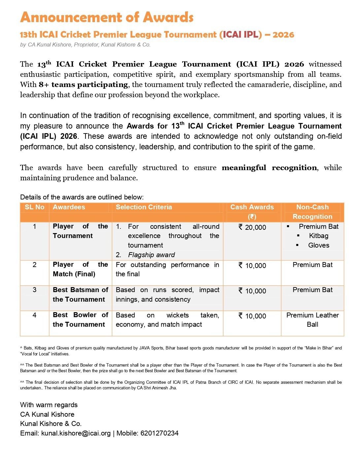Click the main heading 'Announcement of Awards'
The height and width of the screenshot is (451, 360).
(x=107, y=17)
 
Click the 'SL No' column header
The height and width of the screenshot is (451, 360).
(x=34, y=207)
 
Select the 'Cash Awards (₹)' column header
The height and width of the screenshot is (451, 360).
(x=252, y=212)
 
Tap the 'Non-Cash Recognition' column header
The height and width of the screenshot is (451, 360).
(x=312, y=212)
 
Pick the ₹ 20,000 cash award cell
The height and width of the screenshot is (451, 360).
(x=252, y=227)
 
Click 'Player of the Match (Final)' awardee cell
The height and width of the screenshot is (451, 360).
(x=80, y=269)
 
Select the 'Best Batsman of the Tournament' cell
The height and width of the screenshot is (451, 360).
(x=80, y=294)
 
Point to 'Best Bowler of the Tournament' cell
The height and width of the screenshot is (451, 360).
(x=80, y=320)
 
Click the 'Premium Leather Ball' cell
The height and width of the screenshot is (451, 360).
(x=312, y=320)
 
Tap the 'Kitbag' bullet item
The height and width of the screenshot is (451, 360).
(x=318, y=236)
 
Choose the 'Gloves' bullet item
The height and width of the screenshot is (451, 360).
(x=318, y=245)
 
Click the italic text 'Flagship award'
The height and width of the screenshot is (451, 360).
(x=151, y=255)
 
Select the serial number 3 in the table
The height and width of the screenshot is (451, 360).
(x=34, y=290)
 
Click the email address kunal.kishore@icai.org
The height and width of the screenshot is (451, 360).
(x=76, y=433)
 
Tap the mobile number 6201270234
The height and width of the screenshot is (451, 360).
(x=159, y=433)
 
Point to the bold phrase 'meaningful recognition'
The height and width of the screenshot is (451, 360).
(x=269, y=167)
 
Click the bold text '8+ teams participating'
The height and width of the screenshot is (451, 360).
(x=83, y=85)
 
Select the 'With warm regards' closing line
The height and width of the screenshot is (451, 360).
(x=49, y=405)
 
